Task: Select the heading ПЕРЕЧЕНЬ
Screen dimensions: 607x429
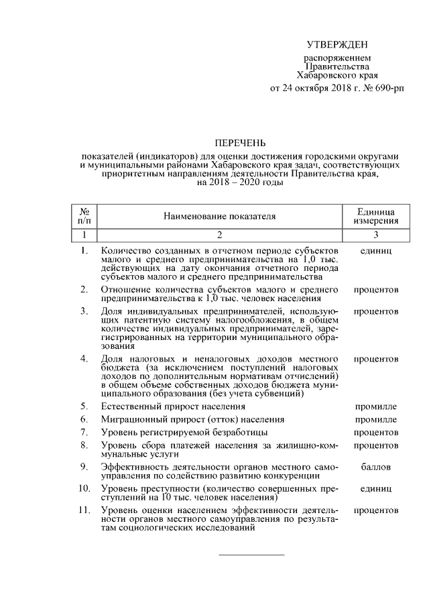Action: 240,143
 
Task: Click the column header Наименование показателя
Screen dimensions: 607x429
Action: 219,216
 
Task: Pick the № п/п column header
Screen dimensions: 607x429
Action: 84,216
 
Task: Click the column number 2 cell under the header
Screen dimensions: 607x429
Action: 219,235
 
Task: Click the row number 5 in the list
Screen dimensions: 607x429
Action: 84,406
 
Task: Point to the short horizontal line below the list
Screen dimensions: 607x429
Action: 252,555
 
